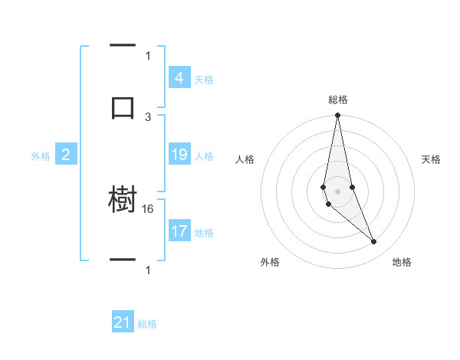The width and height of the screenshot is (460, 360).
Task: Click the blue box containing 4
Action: (179, 77)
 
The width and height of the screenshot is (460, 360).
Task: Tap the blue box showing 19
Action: (179, 155)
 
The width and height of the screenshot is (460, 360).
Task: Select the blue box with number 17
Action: (179, 231)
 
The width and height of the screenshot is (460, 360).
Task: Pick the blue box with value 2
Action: (65, 155)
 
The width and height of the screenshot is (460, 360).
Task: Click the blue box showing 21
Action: (123, 322)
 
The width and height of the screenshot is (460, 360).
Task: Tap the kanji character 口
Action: (123, 107)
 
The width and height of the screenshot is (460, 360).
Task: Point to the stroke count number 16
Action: (149, 208)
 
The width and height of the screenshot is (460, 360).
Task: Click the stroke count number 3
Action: (148, 116)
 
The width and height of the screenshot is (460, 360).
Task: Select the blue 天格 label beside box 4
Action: (204, 79)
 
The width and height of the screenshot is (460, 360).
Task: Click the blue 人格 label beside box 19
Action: (204, 156)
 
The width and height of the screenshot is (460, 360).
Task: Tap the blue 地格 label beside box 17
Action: (204, 233)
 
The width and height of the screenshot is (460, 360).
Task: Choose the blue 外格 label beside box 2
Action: (41, 156)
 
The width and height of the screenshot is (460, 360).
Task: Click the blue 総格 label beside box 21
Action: (147, 324)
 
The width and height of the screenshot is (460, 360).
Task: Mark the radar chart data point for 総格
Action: (337, 116)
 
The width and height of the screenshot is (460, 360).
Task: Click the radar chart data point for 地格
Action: (374, 242)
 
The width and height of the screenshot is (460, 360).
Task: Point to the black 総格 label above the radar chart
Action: (338, 100)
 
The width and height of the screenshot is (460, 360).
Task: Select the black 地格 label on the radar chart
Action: (402, 262)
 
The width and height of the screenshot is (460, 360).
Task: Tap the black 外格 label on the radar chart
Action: (270, 262)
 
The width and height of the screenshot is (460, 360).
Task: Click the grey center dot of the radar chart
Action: (337, 191)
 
